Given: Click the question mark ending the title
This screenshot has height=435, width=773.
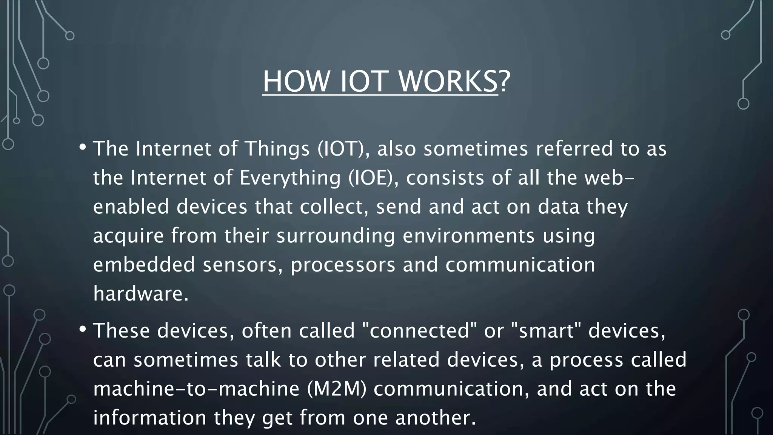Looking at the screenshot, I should coord(505,82).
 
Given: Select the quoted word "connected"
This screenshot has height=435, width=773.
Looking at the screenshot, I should coord(419,331).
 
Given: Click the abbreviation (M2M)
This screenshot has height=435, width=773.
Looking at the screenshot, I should coord(337,389).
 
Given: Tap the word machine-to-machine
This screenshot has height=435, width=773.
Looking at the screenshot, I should coord(196,389).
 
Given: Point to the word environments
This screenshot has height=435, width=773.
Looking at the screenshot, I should coord(469,236).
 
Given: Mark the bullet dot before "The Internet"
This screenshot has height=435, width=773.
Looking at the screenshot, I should coord(83,147).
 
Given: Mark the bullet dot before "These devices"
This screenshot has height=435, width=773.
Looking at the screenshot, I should coord(83,329).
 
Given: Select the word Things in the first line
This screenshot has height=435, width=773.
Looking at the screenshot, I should coord(277,149).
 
